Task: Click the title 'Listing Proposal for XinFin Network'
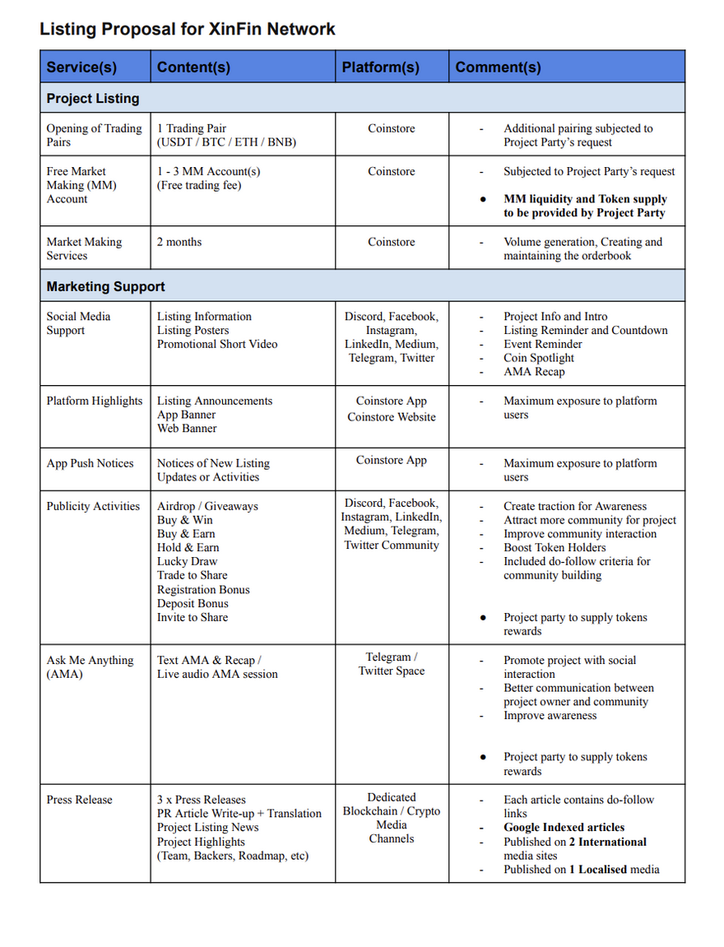[x=188, y=30]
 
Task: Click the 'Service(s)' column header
[x=81, y=67]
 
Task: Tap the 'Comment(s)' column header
[x=498, y=67]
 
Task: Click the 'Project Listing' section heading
[x=93, y=99]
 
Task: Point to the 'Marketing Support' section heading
[x=105, y=287]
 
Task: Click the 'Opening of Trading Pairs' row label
[x=94, y=135]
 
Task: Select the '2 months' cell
[x=179, y=242]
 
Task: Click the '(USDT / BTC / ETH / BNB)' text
[x=226, y=142]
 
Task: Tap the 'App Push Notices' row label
[x=90, y=463]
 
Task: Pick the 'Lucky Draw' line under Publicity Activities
[x=188, y=562]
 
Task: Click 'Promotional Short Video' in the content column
[x=217, y=345]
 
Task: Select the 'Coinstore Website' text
[x=392, y=417]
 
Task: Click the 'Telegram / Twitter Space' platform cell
[x=392, y=664]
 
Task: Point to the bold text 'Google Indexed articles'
[x=564, y=828]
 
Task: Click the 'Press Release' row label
[x=79, y=800]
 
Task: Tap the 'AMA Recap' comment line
[x=534, y=372]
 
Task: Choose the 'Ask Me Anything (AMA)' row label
[x=90, y=667]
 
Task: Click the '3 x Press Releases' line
[x=202, y=800]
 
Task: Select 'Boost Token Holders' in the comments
[x=555, y=548]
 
